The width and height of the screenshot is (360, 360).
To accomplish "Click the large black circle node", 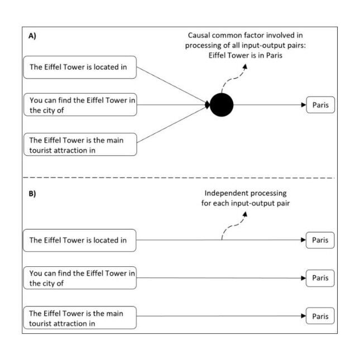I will (222, 104).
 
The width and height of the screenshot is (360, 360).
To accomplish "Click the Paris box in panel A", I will (320, 104).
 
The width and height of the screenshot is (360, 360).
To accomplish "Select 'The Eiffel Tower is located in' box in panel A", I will (80, 68).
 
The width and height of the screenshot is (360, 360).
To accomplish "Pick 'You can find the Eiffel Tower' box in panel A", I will (80, 105).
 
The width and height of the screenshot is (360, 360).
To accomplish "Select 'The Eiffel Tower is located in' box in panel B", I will (80, 241).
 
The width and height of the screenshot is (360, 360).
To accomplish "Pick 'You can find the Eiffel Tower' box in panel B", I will (80, 278).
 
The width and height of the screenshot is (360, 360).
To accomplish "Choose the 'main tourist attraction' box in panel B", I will (80, 318).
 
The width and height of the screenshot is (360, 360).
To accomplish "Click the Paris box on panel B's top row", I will (320, 241).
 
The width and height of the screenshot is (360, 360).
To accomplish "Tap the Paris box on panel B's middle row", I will (320, 277).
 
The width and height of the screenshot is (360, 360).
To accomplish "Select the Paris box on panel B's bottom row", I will (320, 316).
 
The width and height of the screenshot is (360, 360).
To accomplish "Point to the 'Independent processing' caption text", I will (241, 198).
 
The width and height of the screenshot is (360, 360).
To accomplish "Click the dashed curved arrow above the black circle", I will (232, 78).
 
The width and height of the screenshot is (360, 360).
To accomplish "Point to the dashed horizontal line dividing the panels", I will (179, 178).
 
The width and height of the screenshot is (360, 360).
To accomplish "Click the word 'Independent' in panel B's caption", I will (225, 193).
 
